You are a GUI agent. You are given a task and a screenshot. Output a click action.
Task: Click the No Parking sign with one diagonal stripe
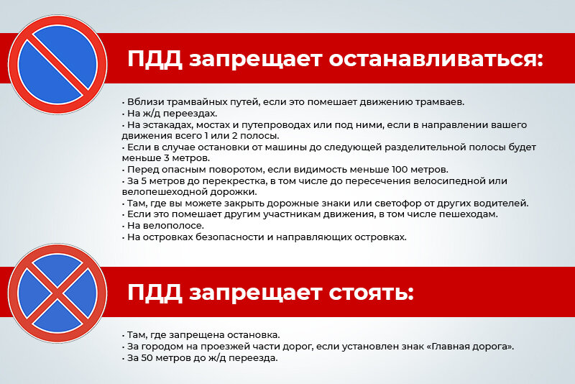(57, 65)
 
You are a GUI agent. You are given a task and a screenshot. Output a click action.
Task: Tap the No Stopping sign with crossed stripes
(57, 293)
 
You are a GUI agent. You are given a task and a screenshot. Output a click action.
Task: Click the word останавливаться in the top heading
(436, 59)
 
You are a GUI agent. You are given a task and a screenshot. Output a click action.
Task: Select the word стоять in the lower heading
(371, 293)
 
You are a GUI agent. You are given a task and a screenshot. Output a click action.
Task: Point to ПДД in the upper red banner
(155, 60)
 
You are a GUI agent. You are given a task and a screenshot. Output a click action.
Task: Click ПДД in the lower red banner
(155, 293)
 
